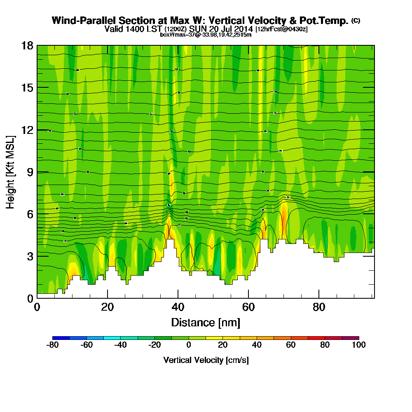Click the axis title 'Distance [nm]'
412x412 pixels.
(x=206, y=322)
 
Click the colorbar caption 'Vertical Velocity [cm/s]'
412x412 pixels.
(x=206, y=360)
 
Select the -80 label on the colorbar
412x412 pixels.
(x=52, y=345)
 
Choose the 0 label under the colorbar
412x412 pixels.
(x=189, y=345)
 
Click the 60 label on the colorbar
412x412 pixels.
(x=291, y=345)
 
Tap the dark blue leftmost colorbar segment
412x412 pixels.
(x=61, y=338)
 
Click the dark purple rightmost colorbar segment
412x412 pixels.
(x=351, y=338)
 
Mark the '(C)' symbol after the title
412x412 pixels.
(x=356, y=20)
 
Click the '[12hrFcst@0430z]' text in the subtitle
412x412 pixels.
(x=281, y=29)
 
